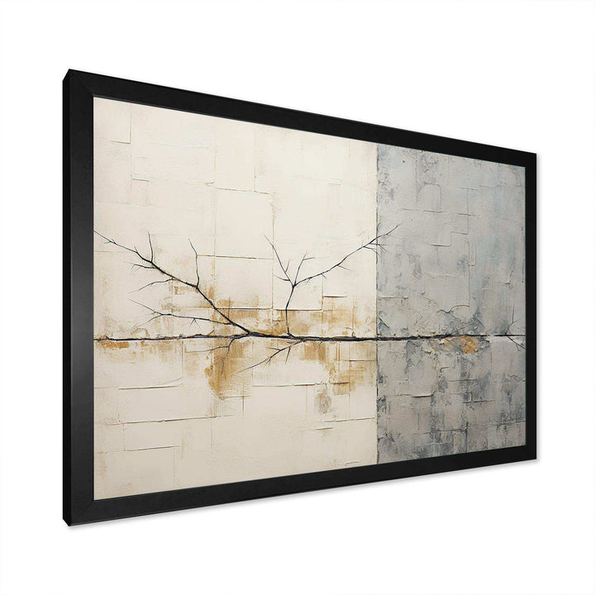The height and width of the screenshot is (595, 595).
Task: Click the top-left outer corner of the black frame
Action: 70,71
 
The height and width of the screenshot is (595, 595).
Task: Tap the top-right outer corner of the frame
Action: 536,155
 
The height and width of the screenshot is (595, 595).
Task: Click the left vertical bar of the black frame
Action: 81,297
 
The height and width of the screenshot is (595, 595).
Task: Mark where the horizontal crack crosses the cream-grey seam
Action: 377,337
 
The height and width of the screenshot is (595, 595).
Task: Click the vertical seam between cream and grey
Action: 377,248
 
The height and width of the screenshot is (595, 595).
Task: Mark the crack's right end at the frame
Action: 524,336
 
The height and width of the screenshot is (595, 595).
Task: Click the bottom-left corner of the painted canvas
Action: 93,500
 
